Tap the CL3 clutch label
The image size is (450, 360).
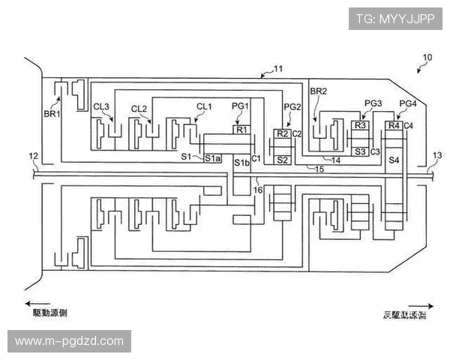[x=102, y=107]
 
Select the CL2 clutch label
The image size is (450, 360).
[x=139, y=109]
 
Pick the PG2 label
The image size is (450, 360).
[x=292, y=107]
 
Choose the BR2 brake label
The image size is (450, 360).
[x=319, y=91]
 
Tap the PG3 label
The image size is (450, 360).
[x=373, y=103]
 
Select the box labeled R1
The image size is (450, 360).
[x=241, y=130]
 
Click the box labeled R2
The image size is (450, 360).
[x=282, y=133]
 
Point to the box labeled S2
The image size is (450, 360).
[x=282, y=160]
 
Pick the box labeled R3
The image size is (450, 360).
[x=361, y=125]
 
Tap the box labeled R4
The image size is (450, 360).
[x=394, y=125]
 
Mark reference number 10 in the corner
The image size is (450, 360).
[x=427, y=58]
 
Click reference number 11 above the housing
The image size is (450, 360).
[x=277, y=69]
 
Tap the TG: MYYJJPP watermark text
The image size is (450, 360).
[x=395, y=16]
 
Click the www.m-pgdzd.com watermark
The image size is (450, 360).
[x=69, y=341]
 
